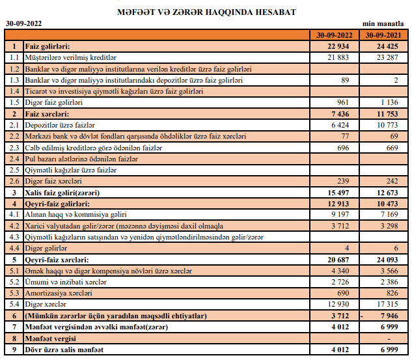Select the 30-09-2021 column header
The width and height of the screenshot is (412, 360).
[x=384, y=35]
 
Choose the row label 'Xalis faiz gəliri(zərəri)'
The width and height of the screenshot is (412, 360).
[x=70, y=193]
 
